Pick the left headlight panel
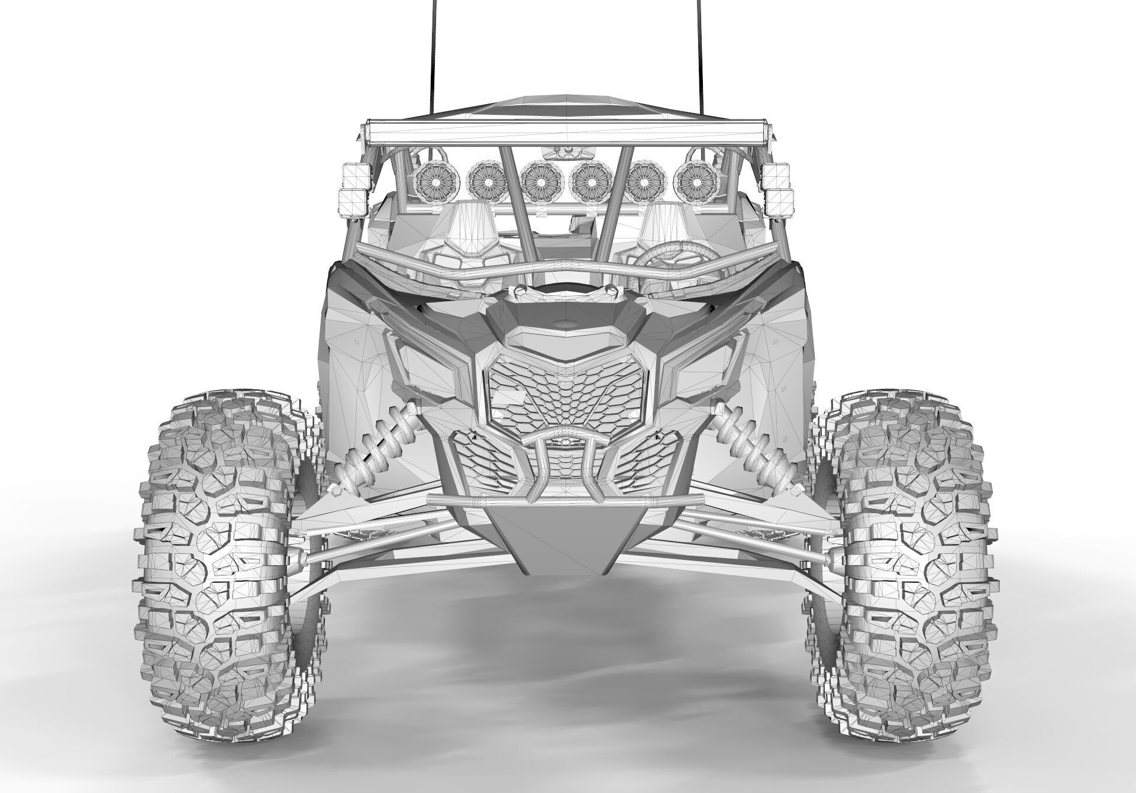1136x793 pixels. [x=432, y=367]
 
